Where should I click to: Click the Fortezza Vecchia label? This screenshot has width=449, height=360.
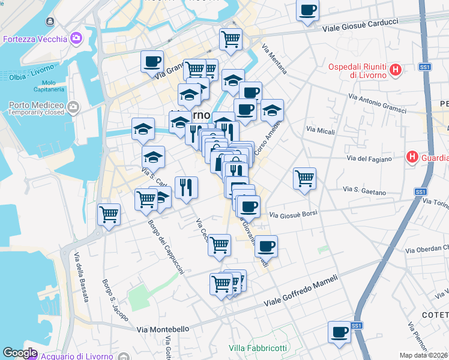coord(35,40)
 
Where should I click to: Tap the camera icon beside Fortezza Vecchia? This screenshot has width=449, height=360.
coord(76,40)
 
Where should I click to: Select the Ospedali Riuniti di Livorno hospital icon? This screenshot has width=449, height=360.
coord(396,70)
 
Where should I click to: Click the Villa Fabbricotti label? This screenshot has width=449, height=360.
coord(258,348)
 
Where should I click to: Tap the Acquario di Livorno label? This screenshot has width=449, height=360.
coord(78,355)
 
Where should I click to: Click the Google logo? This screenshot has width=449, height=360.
coord(20,353)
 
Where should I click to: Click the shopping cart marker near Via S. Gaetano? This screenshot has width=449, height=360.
coord(304,178)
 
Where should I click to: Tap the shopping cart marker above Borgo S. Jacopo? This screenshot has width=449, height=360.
coord(109,214)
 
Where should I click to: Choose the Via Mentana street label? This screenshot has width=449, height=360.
coord(274,59)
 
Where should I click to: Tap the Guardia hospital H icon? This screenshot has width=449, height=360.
coord(412,158)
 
